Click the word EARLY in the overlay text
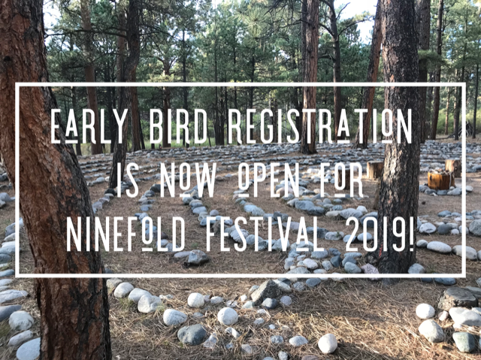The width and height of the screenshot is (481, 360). (89, 126)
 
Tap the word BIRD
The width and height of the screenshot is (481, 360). (179, 126)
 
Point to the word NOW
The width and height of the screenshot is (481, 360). (189, 180)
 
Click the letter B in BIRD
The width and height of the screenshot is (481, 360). (156, 126)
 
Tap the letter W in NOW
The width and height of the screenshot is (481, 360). (206, 180)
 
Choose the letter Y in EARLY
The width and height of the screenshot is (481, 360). (120, 126)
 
